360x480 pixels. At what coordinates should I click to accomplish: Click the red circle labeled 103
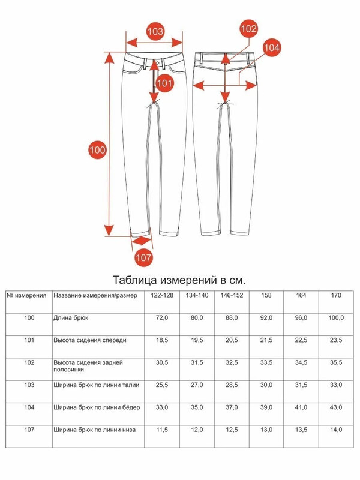[x=155, y=32]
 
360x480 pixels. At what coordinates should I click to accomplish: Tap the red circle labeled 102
[x=248, y=29]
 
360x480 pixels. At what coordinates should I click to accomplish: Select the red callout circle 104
[x=272, y=48]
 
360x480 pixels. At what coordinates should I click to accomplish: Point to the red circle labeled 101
[x=164, y=83]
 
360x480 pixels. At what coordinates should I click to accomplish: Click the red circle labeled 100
[x=97, y=150]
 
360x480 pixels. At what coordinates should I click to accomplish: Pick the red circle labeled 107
[x=143, y=257]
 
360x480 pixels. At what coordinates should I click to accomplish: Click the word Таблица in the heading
[x=135, y=280]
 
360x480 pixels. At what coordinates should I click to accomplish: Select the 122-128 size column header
[x=162, y=295]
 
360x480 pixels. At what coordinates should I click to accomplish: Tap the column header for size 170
[x=336, y=295]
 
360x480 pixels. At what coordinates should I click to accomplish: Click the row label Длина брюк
[x=71, y=318]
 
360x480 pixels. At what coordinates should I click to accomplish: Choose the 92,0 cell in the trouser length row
[x=266, y=318]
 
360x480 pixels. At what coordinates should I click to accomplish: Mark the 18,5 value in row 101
[x=162, y=340]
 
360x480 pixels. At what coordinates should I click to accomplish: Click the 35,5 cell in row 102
[x=336, y=362]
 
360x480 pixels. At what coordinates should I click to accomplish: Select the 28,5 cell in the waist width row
[x=232, y=385]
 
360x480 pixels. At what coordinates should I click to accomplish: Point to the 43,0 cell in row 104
[x=336, y=407]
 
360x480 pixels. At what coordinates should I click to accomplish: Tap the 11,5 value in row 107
[x=162, y=430]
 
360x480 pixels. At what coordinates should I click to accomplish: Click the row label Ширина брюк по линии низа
[x=95, y=430]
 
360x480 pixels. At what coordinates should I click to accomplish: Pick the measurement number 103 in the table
[x=29, y=385]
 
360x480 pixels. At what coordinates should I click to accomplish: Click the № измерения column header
[x=26, y=295]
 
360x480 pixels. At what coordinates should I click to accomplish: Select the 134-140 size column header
[x=197, y=295]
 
